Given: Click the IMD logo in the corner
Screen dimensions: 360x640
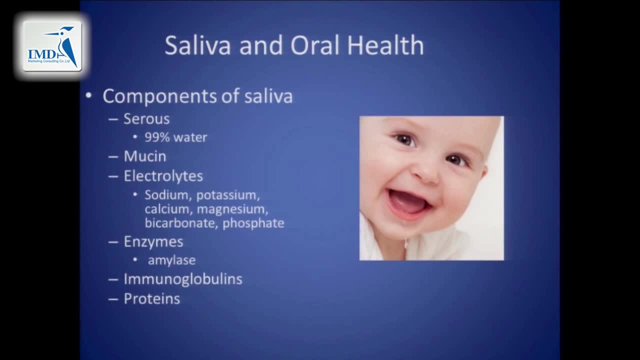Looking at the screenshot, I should [x=52, y=46].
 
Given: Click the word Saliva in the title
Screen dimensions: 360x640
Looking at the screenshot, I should [x=197, y=45].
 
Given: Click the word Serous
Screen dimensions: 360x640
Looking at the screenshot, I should [x=146, y=119].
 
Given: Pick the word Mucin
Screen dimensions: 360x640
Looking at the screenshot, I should [x=145, y=156].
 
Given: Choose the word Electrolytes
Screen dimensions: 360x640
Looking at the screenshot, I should [x=163, y=176].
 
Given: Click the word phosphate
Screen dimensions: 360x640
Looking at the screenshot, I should [x=253, y=223].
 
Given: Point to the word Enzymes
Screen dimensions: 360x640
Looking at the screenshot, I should [x=153, y=242].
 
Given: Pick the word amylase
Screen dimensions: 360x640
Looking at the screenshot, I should [x=171, y=260].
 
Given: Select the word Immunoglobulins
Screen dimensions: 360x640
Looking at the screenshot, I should [x=183, y=279].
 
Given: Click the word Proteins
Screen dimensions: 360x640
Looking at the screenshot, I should [x=152, y=299].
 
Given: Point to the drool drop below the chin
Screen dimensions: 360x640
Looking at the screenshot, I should [x=406, y=244].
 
